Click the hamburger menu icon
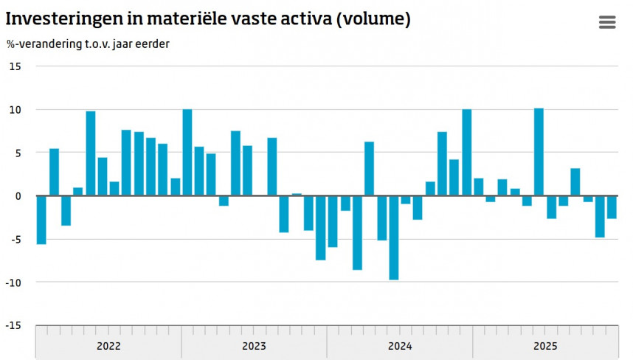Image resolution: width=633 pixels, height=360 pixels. (x=606, y=22)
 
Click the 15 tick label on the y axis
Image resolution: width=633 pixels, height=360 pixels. (x=15, y=66)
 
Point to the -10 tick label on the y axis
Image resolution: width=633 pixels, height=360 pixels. (x=13, y=283)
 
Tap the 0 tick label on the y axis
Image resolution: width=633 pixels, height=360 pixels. (x=19, y=196)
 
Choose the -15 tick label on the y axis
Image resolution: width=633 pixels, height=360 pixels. (x=13, y=325)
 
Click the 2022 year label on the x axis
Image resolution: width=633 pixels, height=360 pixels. (x=108, y=346)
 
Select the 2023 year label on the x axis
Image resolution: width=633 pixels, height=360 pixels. (x=254, y=346)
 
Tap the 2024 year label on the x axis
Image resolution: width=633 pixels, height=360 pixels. (x=400, y=346)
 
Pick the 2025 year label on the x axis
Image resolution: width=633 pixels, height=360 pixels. (x=545, y=346)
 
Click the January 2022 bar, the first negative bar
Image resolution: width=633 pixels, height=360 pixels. (x=41, y=220)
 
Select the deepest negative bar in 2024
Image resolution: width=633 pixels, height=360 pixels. (x=394, y=238)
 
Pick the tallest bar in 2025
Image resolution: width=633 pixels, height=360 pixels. (x=539, y=152)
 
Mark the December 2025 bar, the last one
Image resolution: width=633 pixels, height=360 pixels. (x=612, y=207)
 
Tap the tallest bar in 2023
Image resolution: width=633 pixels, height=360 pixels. (x=187, y=153)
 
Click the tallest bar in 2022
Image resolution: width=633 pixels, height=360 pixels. (x=91, y=153)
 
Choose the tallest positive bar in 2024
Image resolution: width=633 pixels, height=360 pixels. (x=467, y=153)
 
